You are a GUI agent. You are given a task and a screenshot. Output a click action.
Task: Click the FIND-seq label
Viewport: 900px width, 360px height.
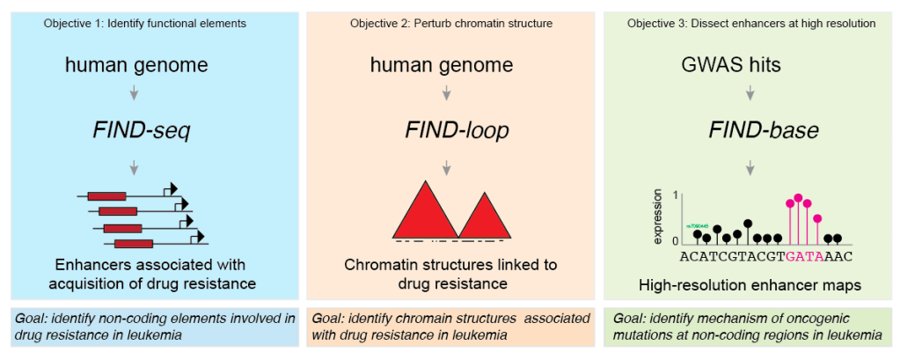[142, 131]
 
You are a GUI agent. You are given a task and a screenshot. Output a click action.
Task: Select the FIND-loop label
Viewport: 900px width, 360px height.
[447, 131]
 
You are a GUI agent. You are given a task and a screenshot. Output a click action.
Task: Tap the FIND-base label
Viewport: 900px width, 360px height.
[750, 131]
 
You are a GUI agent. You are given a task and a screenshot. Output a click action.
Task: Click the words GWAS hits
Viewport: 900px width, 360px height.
[729, 65]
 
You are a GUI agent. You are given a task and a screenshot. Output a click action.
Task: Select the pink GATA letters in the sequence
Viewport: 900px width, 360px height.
[802, 256]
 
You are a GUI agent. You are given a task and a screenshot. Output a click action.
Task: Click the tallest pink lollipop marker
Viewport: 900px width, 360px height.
[798, 198]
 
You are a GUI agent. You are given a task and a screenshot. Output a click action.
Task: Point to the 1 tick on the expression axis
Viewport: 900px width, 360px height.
[675, 195]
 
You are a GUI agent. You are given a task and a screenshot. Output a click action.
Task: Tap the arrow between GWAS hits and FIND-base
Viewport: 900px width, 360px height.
[750, 92]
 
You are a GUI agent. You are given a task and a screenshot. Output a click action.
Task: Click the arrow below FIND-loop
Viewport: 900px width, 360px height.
[447, 165]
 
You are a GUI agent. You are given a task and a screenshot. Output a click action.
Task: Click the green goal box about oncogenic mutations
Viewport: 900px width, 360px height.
[750, 326]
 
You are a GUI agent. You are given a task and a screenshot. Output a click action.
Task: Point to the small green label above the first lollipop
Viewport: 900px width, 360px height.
[698, 224]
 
